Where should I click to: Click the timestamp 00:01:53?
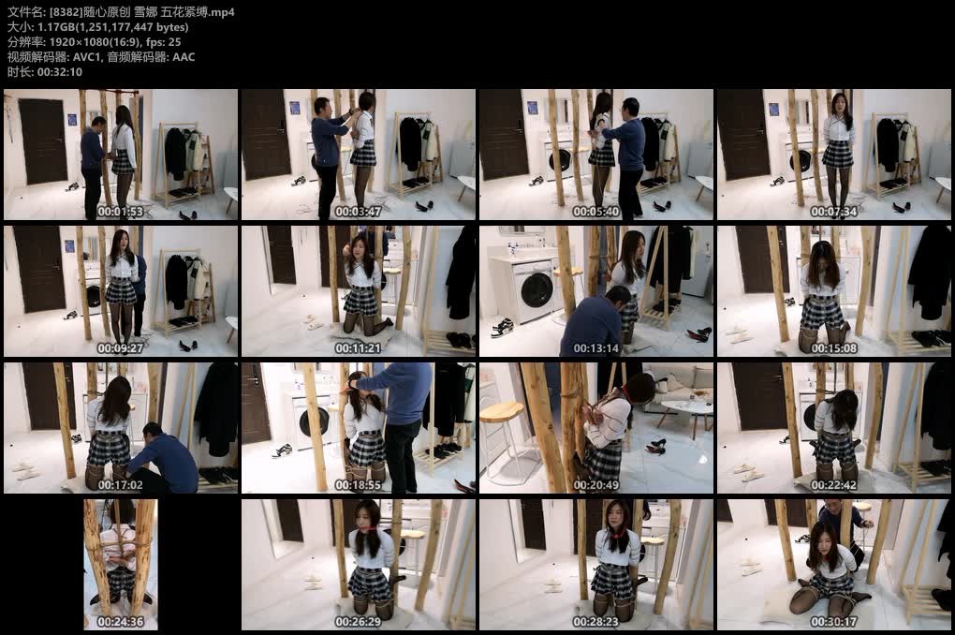click(120, 212)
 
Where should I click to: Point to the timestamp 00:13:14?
click(595, 348)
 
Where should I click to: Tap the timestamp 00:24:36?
click(120, 622)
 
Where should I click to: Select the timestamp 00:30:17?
click(833, 622)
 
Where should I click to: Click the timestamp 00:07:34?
click(833, 212)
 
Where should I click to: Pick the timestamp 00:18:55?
click(358, 485)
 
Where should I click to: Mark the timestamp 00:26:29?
click(358, 622)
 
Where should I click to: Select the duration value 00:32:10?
click(60, 72)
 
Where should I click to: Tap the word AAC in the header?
click(184, 57)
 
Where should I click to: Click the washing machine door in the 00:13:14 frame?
click(536, 290)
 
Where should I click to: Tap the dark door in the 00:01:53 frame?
click(43, 141)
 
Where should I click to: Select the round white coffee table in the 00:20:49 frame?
click(686, 407)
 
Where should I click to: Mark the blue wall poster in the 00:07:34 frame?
click(773, 109)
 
